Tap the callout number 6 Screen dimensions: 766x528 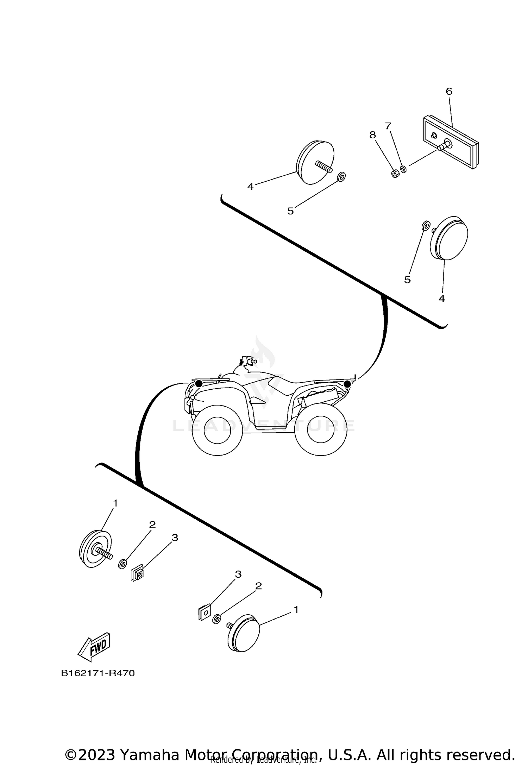(x=449, y=92)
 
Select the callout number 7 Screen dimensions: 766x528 (x=388, y=126)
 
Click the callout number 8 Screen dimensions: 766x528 (x=372, y=135)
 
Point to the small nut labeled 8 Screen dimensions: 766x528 (x=395, y=174)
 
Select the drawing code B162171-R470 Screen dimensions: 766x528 (x=98, y=673)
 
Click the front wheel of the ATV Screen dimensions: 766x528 (x=218, y=430)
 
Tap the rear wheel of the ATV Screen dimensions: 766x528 (x=320, y=429)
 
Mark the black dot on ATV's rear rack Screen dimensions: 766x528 (x=347, y=384)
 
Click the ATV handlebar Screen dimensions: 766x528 (x=246, y=362)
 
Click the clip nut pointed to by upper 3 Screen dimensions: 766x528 (x=137, y=574)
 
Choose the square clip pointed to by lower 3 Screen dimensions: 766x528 (x=204, y=613)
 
